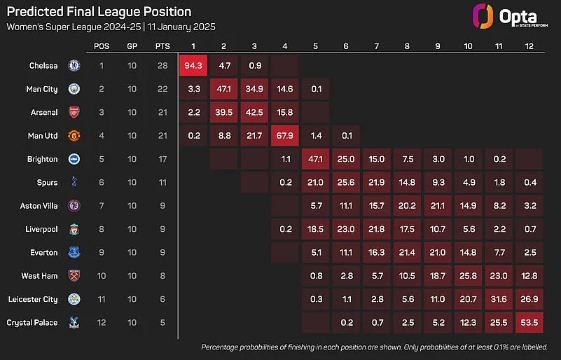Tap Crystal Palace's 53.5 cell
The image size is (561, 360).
529,323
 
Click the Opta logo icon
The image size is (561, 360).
481,17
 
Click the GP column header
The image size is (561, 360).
132,46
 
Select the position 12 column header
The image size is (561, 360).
529,46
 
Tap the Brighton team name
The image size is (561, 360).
43,159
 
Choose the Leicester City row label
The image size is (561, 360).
33,299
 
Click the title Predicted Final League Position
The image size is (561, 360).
99,12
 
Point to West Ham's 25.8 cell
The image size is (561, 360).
468,276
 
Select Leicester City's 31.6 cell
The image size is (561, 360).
499,299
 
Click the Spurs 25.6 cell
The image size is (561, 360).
346,183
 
